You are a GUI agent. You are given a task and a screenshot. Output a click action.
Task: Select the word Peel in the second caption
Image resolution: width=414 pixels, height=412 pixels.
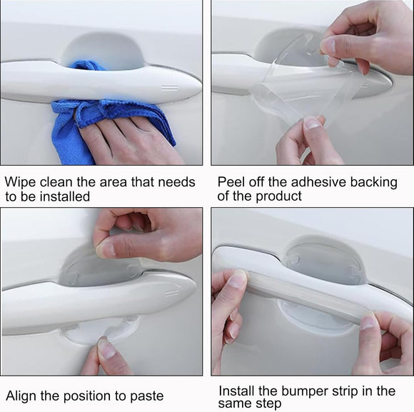232,182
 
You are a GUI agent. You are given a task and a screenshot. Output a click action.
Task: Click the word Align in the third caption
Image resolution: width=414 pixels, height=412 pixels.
21,395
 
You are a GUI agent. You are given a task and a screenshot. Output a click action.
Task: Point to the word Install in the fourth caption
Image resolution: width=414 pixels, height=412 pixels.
239,391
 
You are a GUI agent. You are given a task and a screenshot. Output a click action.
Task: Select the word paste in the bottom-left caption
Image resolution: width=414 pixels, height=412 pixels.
146,396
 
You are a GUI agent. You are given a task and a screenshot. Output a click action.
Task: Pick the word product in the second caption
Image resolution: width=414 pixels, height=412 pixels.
278,196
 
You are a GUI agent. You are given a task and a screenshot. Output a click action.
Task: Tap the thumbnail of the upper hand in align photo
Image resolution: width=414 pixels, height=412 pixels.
106,249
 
